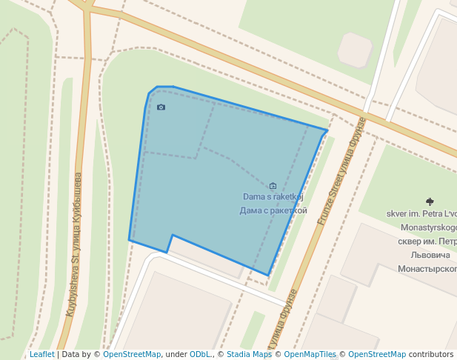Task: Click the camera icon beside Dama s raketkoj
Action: click(x=273, y=186)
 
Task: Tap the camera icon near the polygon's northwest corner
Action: click(x=161, y=107)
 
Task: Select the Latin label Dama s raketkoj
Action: click(x=273, y=197)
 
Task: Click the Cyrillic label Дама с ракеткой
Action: click(x=273, y=210)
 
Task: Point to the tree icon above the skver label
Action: click(x=430, y=201)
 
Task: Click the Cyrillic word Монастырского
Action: click(x=427, y=268)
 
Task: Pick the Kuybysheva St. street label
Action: click(x=74, y=244)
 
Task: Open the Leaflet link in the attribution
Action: click(x=41, y=354)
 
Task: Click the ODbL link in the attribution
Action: click(x=200, y=354)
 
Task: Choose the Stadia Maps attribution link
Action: click(x=249, y=354)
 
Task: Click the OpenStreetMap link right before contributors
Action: click(x=377, y=354)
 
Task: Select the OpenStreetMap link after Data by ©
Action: click(x=132, y=354)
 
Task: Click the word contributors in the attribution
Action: click(x=431, y=354)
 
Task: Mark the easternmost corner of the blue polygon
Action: click(x=327, y=130)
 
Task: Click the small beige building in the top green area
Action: click(x=354, y=49)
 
